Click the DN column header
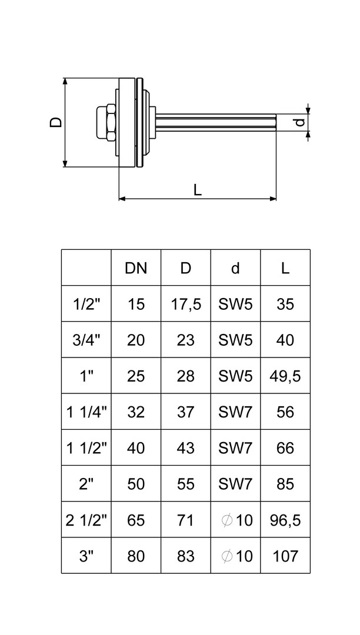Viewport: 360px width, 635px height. (136, 268)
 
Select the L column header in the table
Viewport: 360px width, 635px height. (285, 268)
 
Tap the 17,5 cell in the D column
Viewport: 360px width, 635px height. (186, 304)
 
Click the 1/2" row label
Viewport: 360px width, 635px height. (86, 304)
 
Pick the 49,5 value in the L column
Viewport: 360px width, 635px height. (285, 376)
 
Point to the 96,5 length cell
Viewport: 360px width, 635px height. (285, 520)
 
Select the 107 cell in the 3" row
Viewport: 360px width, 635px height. (285, 556)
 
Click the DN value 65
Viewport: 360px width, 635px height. (136, 520)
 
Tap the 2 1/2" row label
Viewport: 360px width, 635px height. (86, 520)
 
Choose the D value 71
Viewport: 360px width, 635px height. (186, 520)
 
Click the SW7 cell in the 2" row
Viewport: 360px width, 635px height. (235, 484)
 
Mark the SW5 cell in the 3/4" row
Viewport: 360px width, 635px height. (235, 340)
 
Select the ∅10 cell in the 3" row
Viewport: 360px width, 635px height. (235, 556)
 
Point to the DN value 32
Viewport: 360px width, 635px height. (136, 412)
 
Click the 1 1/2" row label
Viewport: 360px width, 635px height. (86, 448)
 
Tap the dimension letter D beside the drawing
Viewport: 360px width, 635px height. (55, 122)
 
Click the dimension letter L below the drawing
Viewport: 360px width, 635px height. (198, 189)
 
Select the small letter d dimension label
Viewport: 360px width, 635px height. (300, 122)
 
